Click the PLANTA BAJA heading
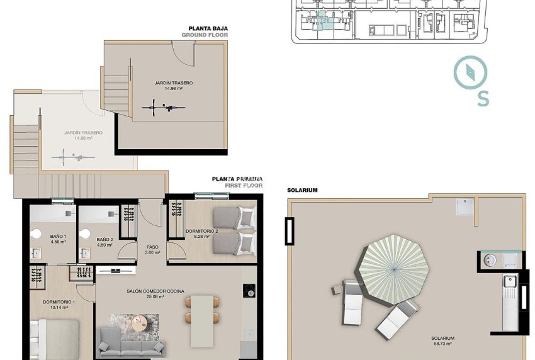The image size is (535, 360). (208, 28)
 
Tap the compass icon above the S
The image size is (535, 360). (470, 74)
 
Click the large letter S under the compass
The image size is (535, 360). (483, 99)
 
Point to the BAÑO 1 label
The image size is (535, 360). (58, 239)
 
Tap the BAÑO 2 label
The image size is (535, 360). (104, 242)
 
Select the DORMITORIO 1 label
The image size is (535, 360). (59, 305)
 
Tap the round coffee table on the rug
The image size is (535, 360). (138, 323)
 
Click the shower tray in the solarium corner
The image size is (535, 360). (465, 206)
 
